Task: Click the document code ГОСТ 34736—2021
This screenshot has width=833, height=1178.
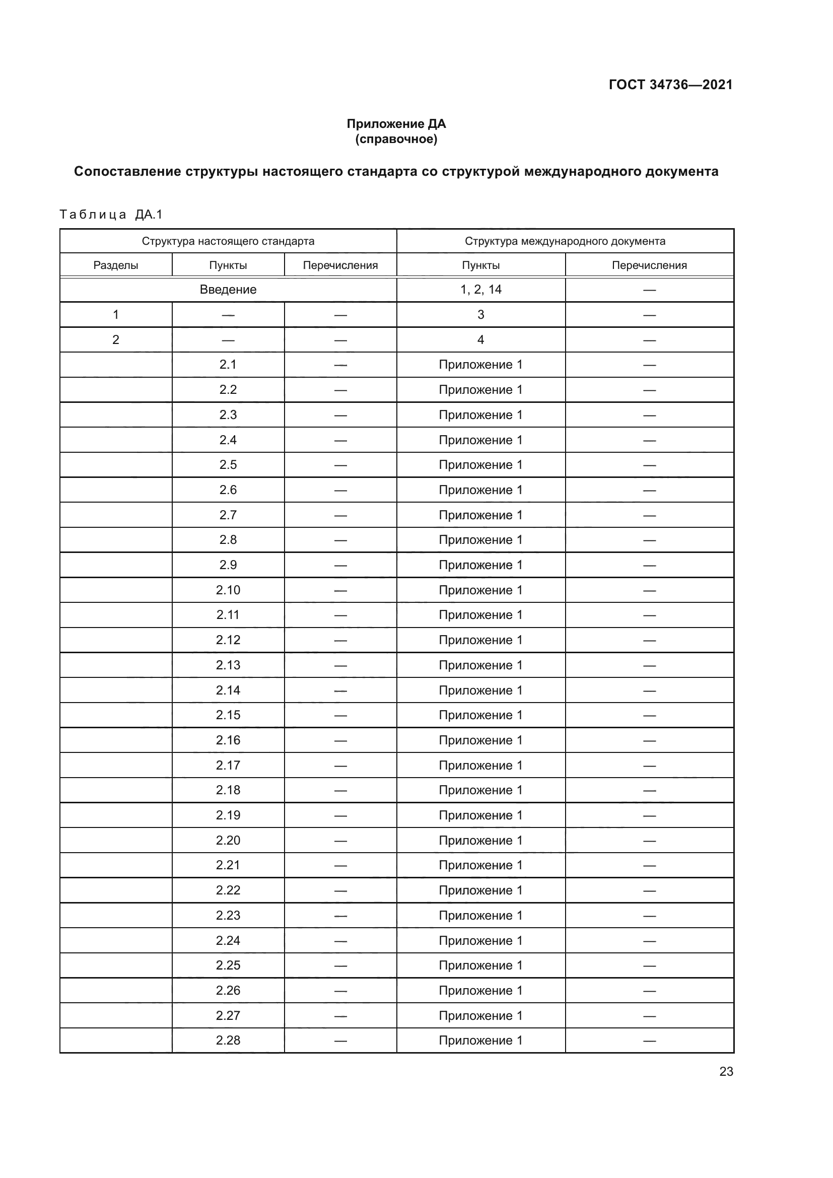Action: (670, 85)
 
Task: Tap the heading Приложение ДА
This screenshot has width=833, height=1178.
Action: (396, 124)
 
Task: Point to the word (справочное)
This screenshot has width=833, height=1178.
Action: (396, 139)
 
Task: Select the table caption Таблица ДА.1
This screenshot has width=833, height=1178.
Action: (111, 215)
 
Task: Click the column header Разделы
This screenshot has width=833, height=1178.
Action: (116, 265)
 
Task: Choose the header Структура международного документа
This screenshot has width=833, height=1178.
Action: (565, 241)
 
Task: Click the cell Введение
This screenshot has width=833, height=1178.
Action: (228, 290)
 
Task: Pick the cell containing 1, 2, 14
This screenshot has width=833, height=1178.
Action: (480, 290)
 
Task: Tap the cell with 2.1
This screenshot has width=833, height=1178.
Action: (228, 365)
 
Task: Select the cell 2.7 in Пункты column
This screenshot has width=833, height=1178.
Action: (228, 515)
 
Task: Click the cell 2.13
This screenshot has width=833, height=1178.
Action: (228, 665)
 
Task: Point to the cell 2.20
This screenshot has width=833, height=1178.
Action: (228, 841)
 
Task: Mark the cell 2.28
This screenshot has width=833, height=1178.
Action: (228, 1041)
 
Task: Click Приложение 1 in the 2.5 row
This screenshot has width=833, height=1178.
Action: (480, 465)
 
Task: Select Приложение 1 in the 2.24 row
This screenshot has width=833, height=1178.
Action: (480, 940)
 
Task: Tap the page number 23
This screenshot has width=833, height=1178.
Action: (726, 1072)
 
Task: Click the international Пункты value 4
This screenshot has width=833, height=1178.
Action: (480, 339)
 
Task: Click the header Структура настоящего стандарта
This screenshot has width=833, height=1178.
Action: (228, 241)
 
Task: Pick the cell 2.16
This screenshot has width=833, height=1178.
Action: (228, 740)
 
